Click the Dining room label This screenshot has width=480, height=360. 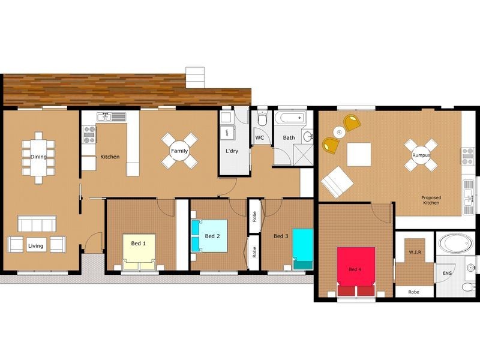coord(38,157)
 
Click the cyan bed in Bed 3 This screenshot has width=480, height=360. coord(303,246)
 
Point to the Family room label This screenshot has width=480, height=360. coord(179,151)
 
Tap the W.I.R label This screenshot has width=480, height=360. coord(414,253)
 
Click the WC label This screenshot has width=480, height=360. coord(260,138)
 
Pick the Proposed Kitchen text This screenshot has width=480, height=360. coord(431,200)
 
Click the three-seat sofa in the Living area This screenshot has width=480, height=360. coord(37,224)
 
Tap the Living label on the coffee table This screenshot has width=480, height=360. coord(35,245)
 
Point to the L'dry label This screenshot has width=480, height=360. coord(232,151)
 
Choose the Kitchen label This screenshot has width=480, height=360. coord(110,157)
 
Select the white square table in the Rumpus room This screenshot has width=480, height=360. coord(359,154)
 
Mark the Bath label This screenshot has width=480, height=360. coord(289,138)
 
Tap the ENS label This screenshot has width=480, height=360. coord(447,273)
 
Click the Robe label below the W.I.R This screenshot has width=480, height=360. coord(414,292)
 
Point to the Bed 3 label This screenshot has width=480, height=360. coord(281,236)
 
